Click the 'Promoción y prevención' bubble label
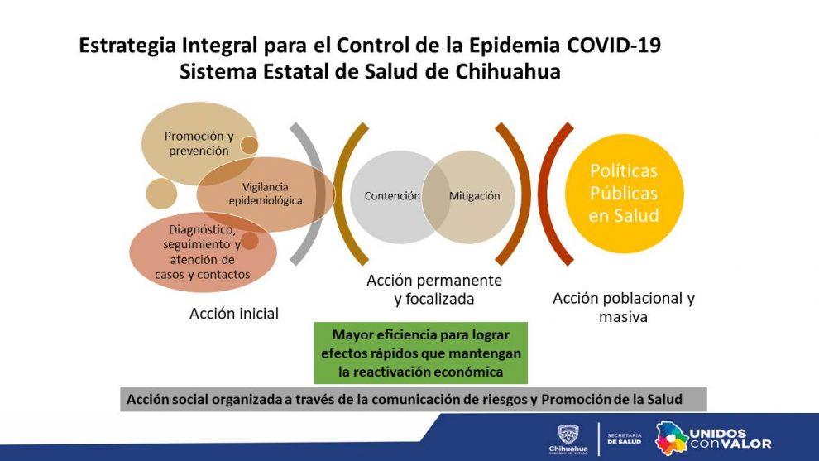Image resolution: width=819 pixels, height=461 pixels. click(199, 143)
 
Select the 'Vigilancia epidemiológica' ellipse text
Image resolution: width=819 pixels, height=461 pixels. click(266, 194)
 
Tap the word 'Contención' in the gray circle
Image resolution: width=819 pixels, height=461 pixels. click(392, 196)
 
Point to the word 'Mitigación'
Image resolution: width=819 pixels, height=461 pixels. click(474, 196)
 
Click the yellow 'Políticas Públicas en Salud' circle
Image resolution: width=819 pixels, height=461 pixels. click(624, 194)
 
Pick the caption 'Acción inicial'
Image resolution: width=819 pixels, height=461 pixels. click(234, 314)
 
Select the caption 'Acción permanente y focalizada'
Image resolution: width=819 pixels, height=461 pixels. click(434, 290)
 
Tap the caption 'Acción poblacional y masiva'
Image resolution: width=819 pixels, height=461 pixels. click(624, 307)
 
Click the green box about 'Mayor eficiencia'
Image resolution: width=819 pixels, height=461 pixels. click(421, 353)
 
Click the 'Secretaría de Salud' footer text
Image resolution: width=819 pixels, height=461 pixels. click(624, 439)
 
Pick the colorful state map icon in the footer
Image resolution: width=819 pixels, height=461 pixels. click(672, 439)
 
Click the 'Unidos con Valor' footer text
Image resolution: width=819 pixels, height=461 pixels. click(730, 439)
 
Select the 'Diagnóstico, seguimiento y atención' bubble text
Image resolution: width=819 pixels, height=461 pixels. click(203, 252)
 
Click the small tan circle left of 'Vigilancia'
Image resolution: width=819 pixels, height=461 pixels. click(161, 194)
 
